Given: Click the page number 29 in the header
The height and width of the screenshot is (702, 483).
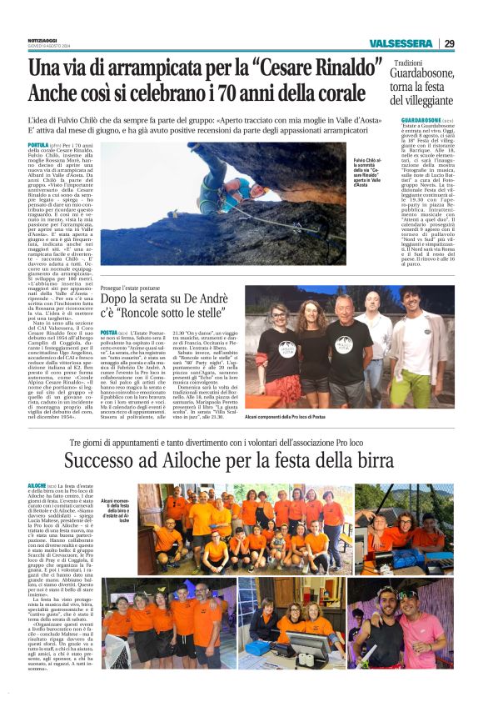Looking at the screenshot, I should (x=449, y=43).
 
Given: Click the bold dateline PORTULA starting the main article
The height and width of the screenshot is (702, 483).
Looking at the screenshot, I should (x=38, y=144).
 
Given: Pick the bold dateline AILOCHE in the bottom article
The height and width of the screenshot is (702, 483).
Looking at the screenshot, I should (x=37, y=485).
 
